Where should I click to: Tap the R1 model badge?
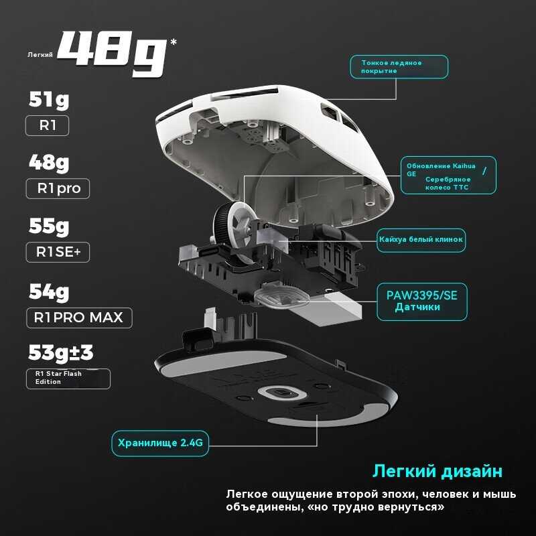tap(47, 126)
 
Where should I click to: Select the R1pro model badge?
tap(58, 188)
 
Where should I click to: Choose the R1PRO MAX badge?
tap(79, 317)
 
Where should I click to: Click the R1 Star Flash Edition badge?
tap(68, 378)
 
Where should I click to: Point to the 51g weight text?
tap(49, 100)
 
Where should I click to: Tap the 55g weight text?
tap(49, 226)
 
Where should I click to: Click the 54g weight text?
tap(49, 291)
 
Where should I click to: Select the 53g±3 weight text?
tap(61, 352)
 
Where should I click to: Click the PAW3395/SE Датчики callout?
tap(421, 300)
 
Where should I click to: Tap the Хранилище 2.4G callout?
tap(159, 442)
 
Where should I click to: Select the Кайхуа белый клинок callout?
tap(420, 239)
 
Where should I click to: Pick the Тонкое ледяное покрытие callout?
tap(399, 66)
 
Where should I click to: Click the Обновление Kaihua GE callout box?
tap(448, 176)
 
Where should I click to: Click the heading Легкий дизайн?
tap(437, 471)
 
